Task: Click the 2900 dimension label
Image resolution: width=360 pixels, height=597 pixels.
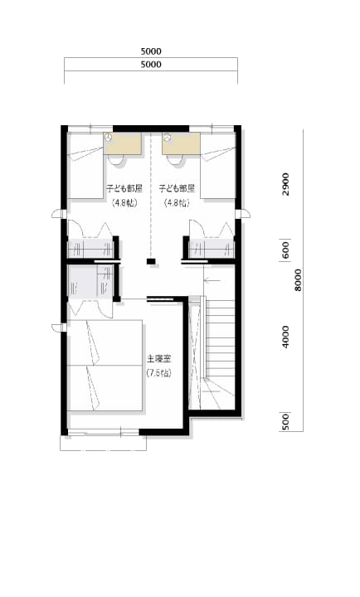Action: (285, 184)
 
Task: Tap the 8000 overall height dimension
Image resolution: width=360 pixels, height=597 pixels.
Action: (298, 280)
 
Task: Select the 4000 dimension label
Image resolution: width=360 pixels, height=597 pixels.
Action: (285, 337)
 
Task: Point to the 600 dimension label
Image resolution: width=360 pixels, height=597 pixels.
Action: (285, 250)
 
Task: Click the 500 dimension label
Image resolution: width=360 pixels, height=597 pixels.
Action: (285, 422)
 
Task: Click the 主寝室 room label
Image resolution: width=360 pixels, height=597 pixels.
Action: (159, 359)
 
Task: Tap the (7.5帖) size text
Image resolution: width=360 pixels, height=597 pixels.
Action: (159, 373)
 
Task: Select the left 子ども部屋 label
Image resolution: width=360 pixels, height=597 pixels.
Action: (124, 188)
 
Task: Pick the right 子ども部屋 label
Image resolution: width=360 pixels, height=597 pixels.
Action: (177, 188)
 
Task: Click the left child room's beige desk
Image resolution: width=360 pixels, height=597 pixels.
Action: (124, 143)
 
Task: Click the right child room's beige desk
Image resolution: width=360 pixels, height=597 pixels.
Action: (181, 143)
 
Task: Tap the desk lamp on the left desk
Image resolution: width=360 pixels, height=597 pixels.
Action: (109, 138)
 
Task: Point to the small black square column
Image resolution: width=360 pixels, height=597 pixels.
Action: (151, 261)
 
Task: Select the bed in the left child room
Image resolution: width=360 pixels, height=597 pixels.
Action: (85, 166)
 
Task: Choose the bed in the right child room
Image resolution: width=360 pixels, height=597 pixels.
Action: (217, 166)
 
